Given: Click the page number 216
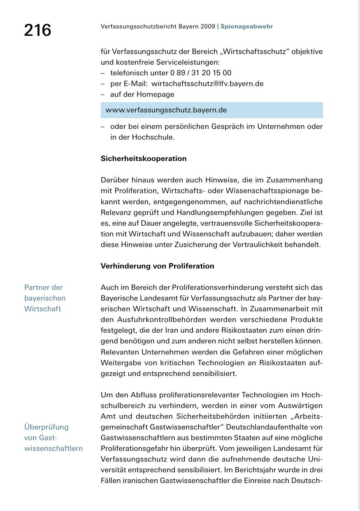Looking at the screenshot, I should pyautogui.click(x=37, y=30).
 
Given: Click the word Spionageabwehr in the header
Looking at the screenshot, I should pyautogui.click(x=246, y=26).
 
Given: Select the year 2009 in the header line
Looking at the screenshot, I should pyautogui.click(x=208, y=26).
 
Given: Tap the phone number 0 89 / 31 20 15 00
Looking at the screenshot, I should pyautogui.click(x=201, y=73).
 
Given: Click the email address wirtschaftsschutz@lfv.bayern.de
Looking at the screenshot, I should pyautogui.click(x=207, y=84).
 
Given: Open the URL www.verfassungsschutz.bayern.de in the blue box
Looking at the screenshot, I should pyautogui.click(x=166, y=110).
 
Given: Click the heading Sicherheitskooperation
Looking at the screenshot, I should pyautogui.click(x=144, y=159).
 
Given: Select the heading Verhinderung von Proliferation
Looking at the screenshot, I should pyautogui.click(x=158, y=266).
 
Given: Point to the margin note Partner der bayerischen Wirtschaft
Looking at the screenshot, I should pyautogui.click(x=45, y=298).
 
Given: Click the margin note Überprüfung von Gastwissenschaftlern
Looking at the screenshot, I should pyautogui.click(x=53, y=438).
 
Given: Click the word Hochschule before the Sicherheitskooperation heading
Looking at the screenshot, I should pyautogui.click(x=153, y=137).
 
